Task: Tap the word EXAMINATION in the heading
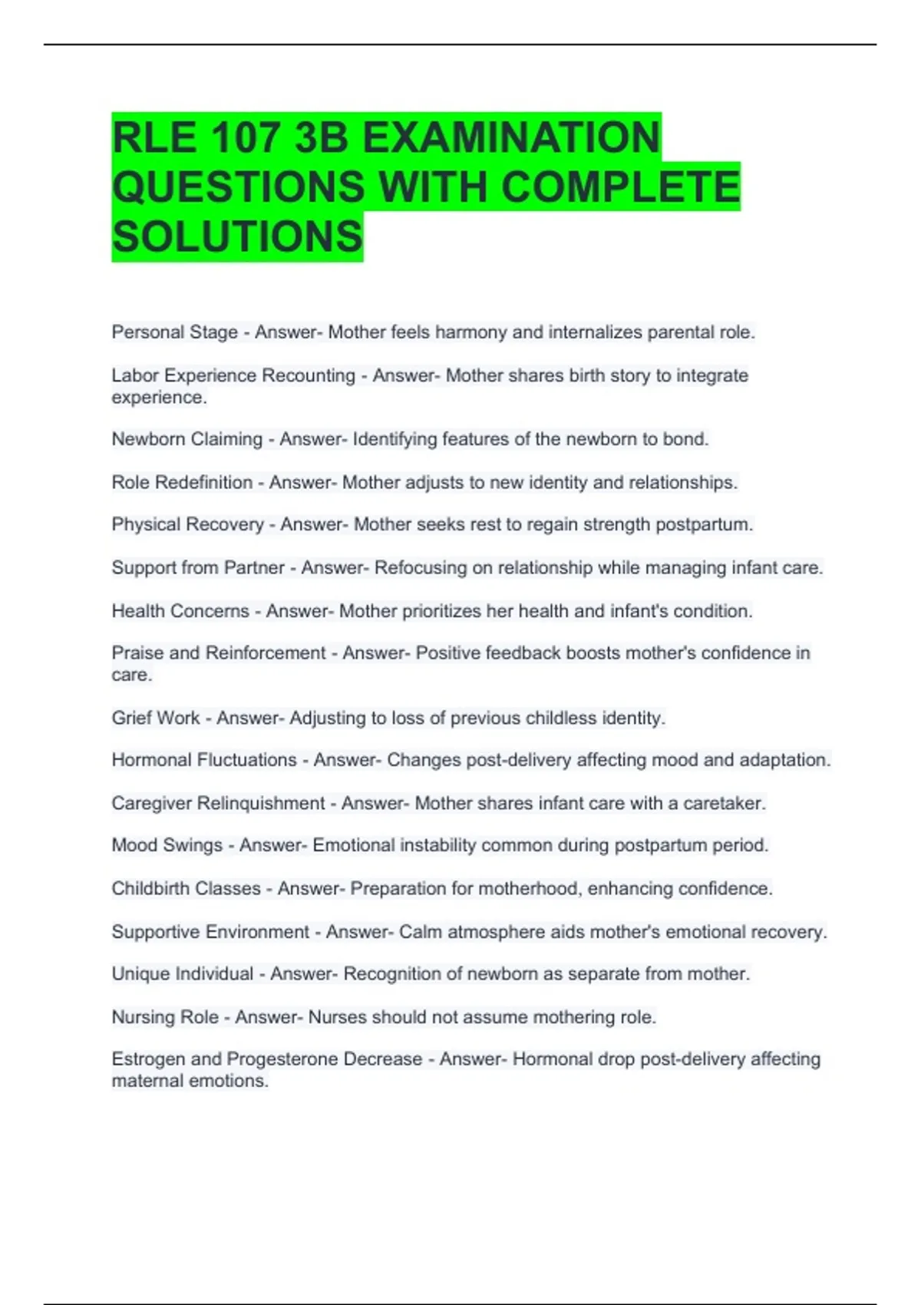click(510, 138)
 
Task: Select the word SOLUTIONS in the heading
click(237, 236)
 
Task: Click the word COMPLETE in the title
click(620, 187)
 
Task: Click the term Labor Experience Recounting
click(233, 375)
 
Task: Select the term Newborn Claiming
click(187, 439)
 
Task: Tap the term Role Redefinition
click(182, 482)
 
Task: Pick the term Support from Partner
click(198, 567)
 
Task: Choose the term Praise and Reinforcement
click(219, 652)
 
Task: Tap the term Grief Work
click(156, 718)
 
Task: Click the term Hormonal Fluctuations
click(204, 760)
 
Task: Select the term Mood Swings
click(167, 845)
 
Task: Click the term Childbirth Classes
click(186, 888)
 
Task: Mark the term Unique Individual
click(182, 973)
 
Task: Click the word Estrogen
click(148, 1059)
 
